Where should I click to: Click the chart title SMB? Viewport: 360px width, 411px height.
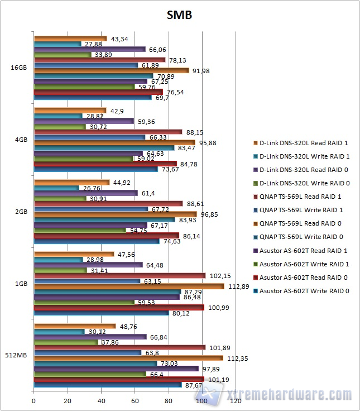tap(179, 15)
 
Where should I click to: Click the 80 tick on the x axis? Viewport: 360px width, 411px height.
tap(169, 401)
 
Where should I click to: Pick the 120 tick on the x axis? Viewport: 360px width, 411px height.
tap(236, 401)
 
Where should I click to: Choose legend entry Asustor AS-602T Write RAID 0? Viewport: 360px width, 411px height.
tap(304, 290)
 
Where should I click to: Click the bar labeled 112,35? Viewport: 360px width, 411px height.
tap(128, 358)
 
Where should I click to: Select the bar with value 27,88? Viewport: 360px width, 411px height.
tap(57, 44)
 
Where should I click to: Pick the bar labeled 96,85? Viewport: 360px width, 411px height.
tap(116, 214)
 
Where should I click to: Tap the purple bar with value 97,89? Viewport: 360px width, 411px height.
tap(116, 369)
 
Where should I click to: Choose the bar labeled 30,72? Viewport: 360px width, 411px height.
tap(60, 127)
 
